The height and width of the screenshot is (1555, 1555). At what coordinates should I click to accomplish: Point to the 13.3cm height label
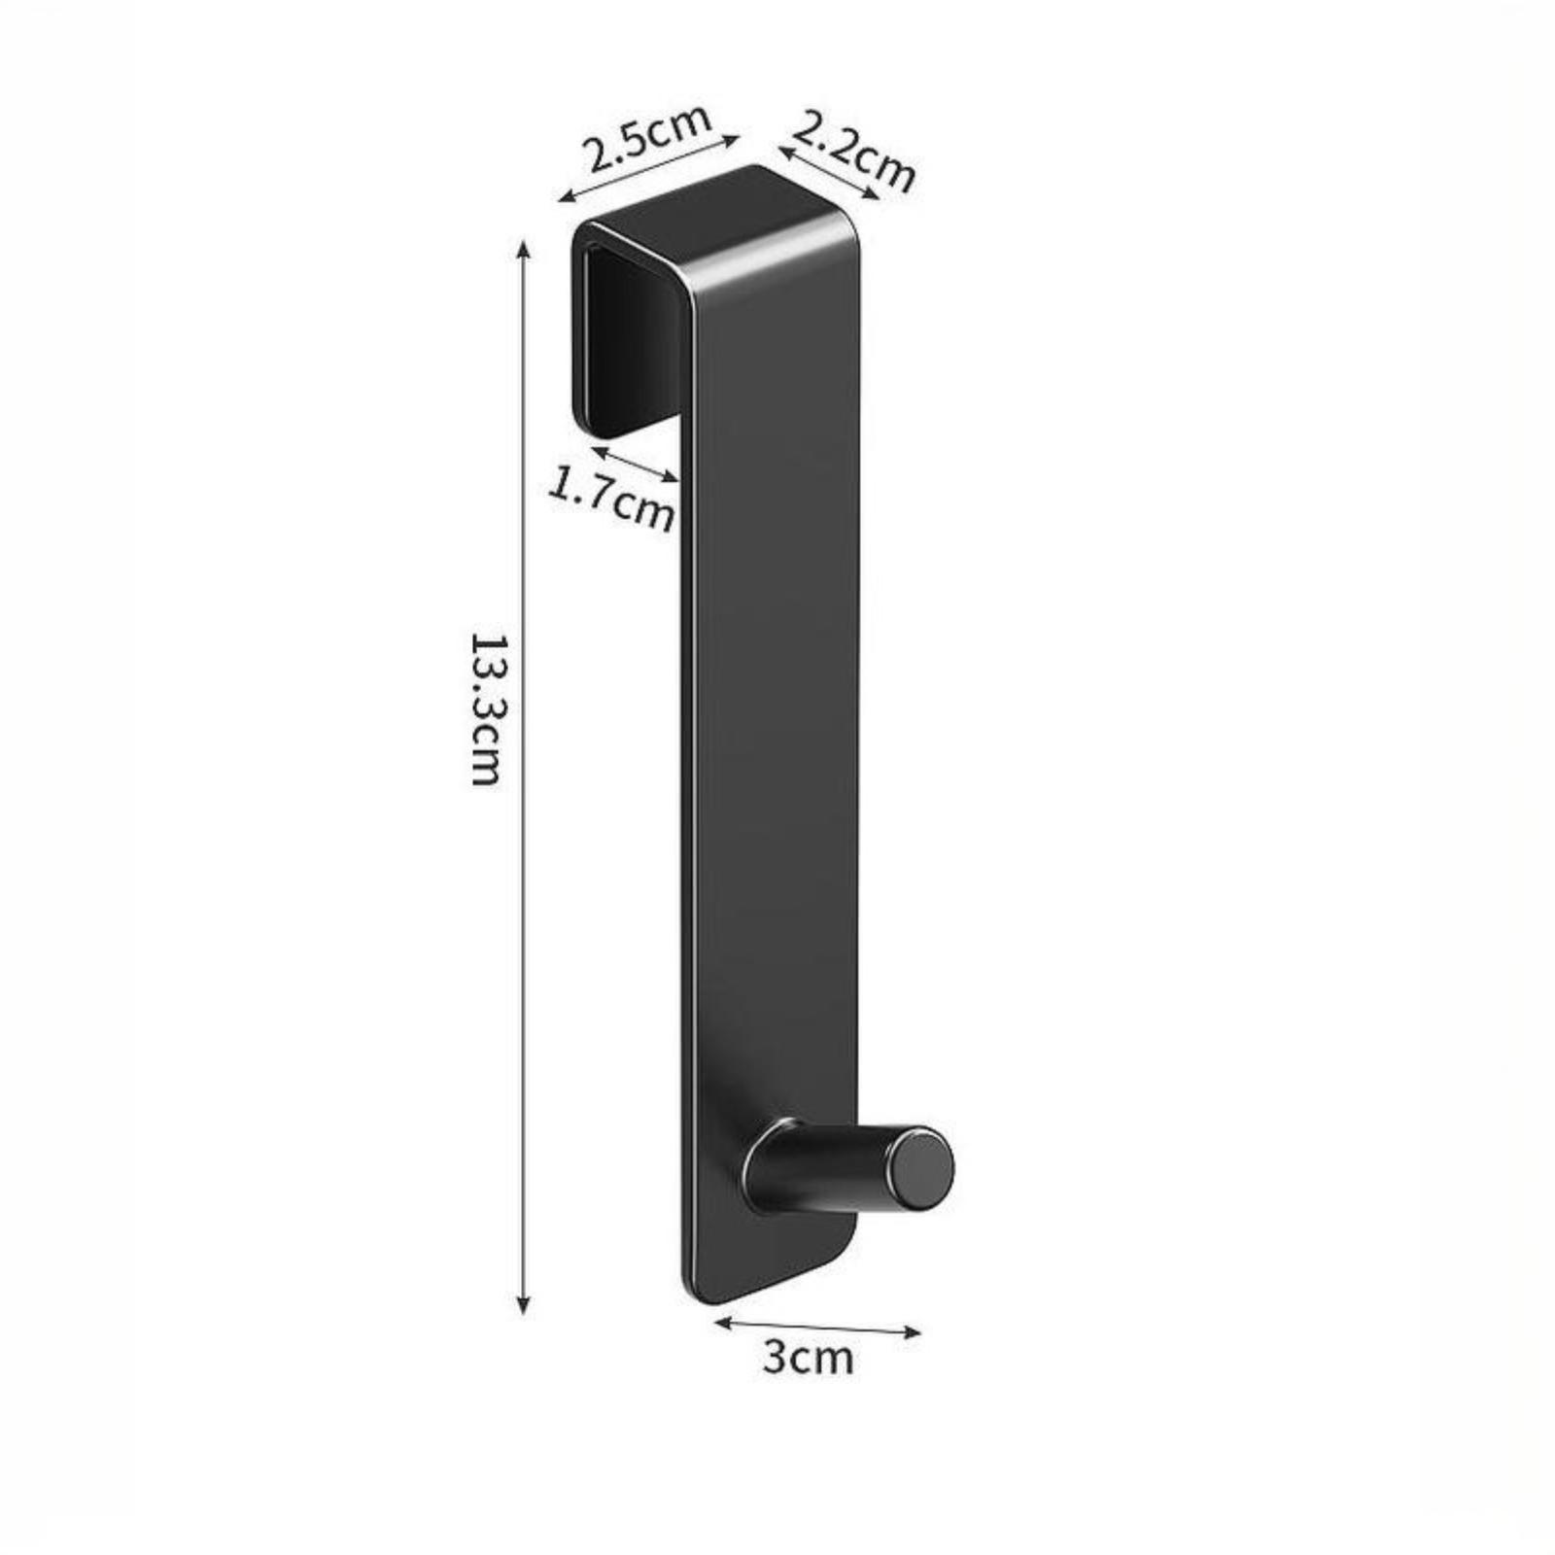click(x=485, y=708)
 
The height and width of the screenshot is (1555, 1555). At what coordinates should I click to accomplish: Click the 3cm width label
click(x=808, y=1357)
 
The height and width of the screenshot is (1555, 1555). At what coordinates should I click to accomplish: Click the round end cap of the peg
click(x=922, y=1167)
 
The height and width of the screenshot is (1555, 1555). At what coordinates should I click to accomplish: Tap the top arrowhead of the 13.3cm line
click(x=524, y=250)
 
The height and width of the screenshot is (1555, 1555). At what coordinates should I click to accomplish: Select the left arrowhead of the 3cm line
click(x=724, y=1320)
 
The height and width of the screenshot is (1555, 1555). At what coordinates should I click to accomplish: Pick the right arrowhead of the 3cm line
click(x=911, y=1331)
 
